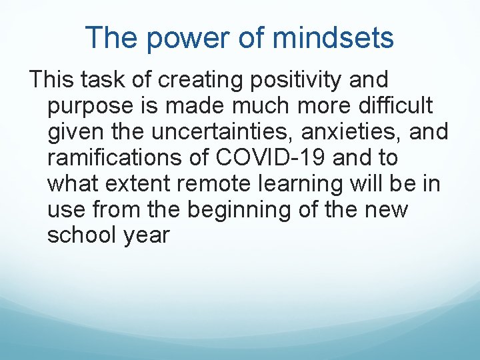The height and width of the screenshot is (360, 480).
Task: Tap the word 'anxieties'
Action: [351, 131]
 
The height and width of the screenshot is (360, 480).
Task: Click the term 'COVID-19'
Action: [269, 157]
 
